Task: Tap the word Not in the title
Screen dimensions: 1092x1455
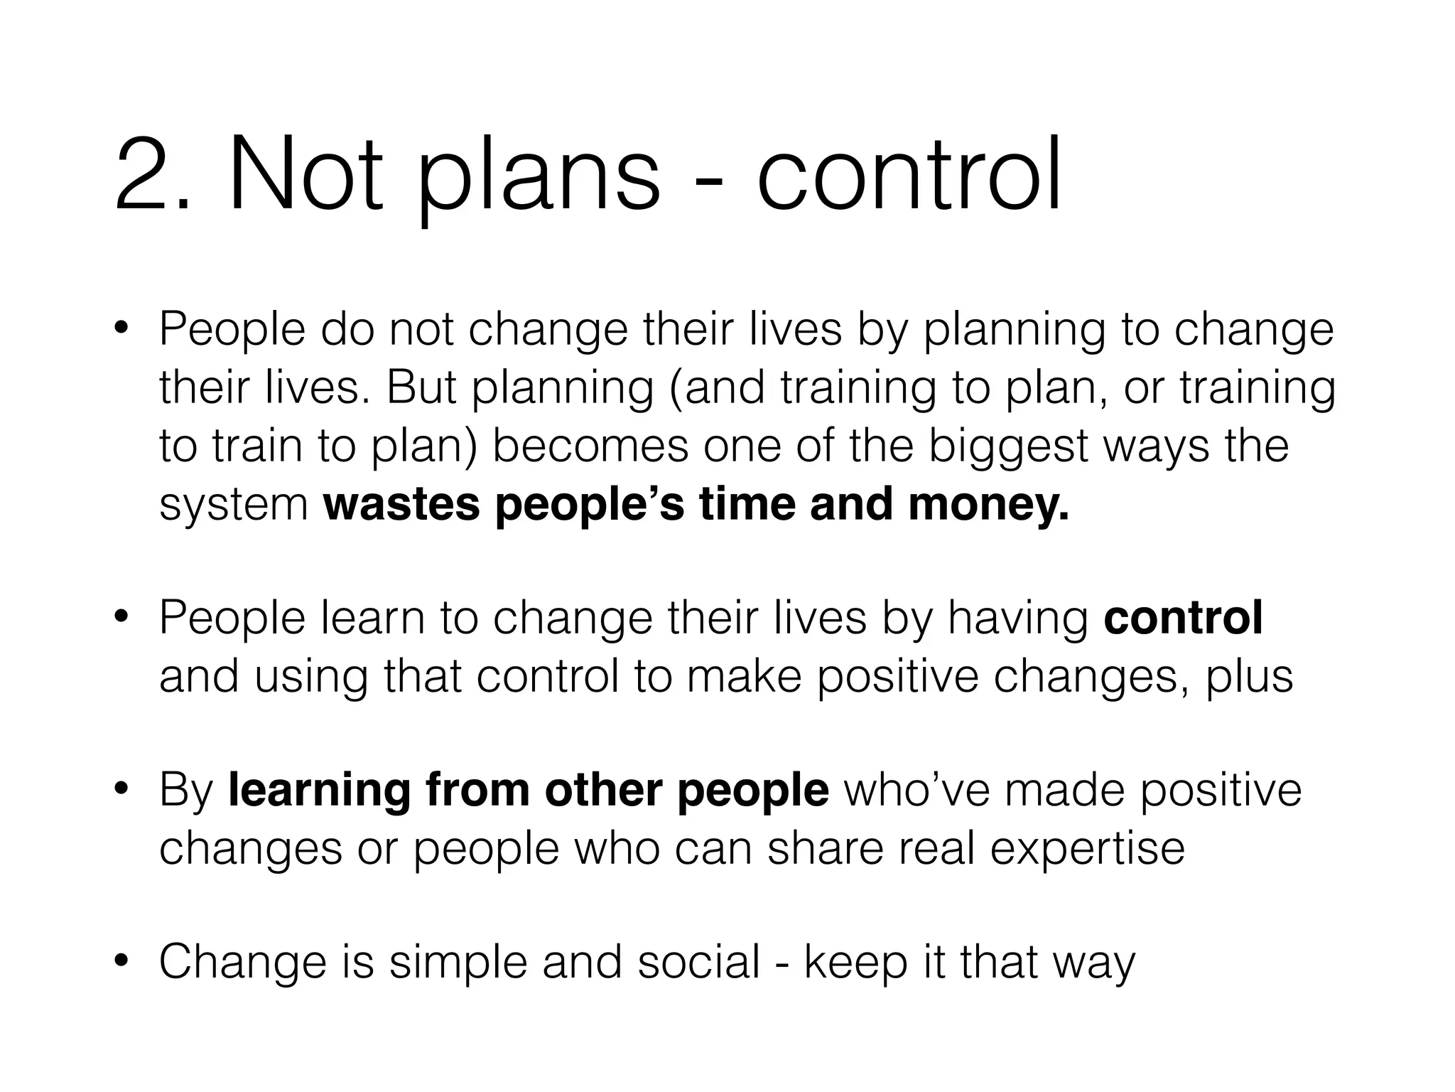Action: (x=305, y=174)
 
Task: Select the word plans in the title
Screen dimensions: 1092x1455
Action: (x=539, y=178)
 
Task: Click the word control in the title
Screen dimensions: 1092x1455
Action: (x=909, y=174)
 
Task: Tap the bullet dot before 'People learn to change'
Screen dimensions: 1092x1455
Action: (x=121, y=616)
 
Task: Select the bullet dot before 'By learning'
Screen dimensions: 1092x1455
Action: (x=121, y=788)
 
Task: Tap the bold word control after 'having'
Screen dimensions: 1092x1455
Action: (x=1183, y=616)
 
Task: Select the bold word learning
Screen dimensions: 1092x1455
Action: (x=319, y=790)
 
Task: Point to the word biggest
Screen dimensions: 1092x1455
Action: (x=1009, y=447)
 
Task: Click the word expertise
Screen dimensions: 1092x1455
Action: (x=1087, y=848)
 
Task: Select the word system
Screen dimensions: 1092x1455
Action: (x=234, y=505)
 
